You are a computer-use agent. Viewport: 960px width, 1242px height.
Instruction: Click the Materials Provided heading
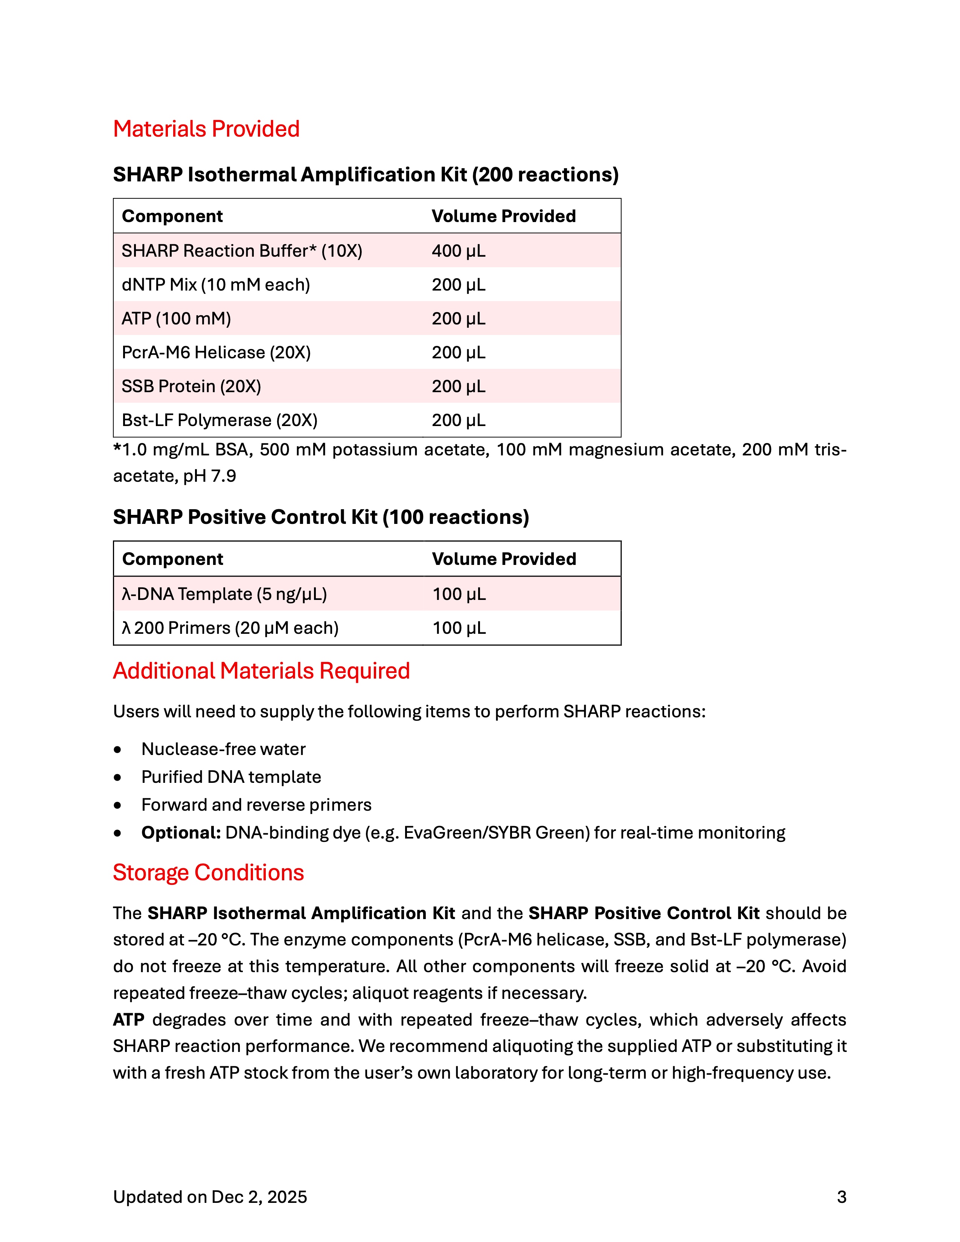point(206,129)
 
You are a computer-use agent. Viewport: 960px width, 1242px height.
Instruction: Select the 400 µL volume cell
point(459,251)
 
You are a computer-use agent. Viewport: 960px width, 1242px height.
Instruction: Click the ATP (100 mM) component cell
point(176,318)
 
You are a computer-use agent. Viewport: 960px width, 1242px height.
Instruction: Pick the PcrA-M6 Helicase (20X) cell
point(216,353)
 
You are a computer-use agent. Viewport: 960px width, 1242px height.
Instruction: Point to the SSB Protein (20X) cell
point(191,386)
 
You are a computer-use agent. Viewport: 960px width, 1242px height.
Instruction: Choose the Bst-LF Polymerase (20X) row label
point(219,420)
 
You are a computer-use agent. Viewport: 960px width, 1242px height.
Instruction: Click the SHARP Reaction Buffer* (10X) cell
point(242,251)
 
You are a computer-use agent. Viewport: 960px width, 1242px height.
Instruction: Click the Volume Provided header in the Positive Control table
point(504,559)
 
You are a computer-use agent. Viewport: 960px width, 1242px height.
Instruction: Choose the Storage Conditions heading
point(208,873)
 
